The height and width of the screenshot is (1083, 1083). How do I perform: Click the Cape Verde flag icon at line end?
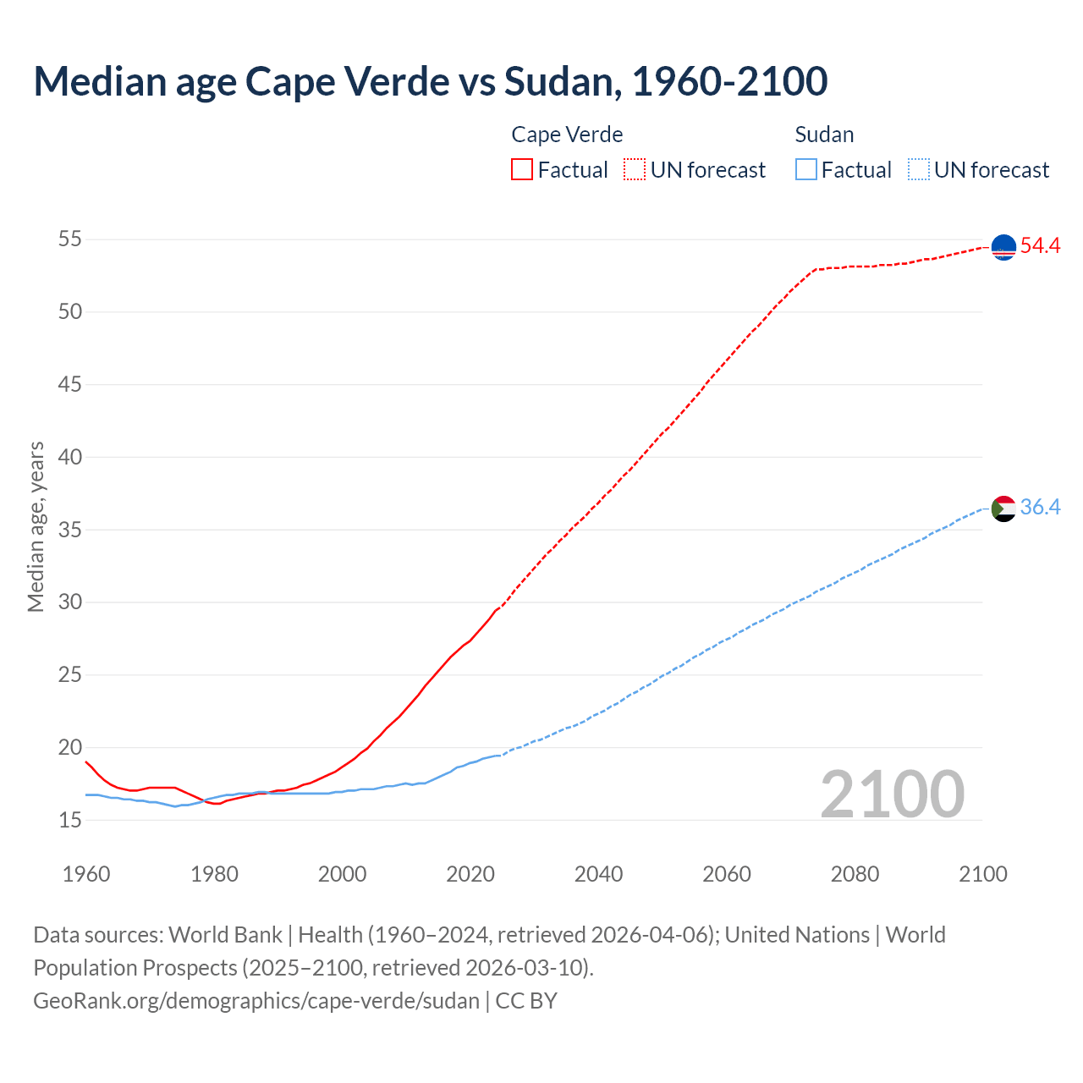click(x=1003, y=247)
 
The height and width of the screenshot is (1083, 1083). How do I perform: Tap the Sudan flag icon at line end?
click(x=1003, y=509)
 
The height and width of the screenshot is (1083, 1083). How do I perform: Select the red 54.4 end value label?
click(x=1040, y=246)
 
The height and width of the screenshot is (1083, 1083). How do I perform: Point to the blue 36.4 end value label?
click(x=1040, y=508)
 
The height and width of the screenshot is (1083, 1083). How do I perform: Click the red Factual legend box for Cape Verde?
click(x=522, y=169)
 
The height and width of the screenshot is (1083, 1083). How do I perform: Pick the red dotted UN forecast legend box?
click(x=635, y=169)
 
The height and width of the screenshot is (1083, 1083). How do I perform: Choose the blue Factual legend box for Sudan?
click(x=806, y=169)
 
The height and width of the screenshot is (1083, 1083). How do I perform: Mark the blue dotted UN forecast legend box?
click(x=918, y=169)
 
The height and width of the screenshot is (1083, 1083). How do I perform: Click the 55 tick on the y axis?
click(x=69, y=239)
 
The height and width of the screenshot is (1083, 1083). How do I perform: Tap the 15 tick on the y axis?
click(x=69, y=820)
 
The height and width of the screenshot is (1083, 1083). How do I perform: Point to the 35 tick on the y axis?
click(x=69, y=530)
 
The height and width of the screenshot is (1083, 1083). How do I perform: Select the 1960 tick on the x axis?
click(x=86, y=874)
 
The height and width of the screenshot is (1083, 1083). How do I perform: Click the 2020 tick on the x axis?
click(x=470, y=874)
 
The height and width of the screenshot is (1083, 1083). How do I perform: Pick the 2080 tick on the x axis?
click(x=855, y=874)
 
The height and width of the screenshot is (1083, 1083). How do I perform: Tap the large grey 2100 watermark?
click(x=893, y=794)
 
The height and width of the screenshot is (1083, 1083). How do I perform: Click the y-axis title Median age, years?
click(x=36, y=526)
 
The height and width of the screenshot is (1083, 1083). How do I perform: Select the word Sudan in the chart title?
click(x=558, y=81)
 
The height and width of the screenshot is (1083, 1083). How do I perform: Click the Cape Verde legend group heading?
click(x=567, y=135)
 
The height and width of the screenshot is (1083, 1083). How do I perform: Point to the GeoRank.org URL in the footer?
click(x=256, y=1001)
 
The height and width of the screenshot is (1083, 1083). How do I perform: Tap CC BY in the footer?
click(x=526, y=1001)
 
